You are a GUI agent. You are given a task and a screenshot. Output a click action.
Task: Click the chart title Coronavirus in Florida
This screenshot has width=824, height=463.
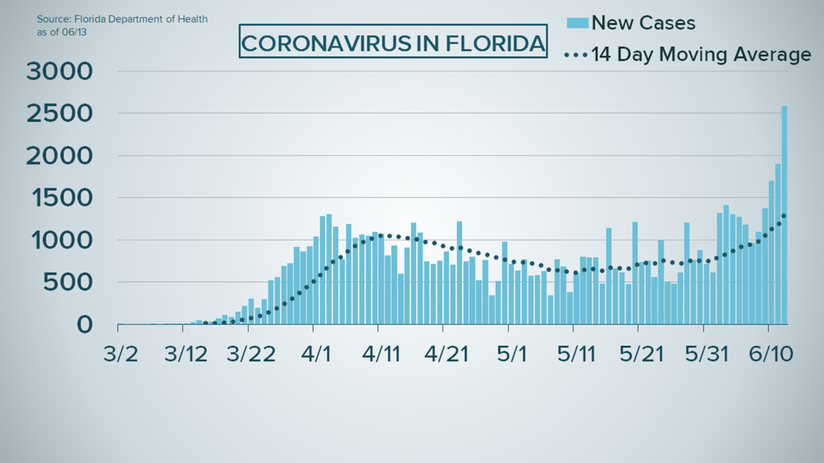pyautogui.click(x=393, y=43)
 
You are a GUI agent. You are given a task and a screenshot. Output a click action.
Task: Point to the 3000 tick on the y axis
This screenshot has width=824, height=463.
pyautogui.click(x=60, y=72)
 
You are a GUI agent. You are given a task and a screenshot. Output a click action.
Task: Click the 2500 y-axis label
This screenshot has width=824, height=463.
pyautogui.click(x=60, y=114)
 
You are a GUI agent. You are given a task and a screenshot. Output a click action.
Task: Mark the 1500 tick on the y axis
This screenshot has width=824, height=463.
pyautogui.click(x=60, y=198)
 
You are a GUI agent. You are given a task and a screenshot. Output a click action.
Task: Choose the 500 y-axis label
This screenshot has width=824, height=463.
pyautogui.click(x=68, y=282)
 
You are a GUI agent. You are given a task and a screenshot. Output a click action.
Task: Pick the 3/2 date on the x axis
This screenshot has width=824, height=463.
pyautogui.click(x=118, y=355)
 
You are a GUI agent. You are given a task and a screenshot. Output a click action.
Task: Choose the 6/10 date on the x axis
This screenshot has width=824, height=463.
pyautogui.click(x=769, y=355)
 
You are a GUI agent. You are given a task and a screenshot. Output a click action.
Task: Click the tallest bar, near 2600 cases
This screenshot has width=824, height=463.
pyautogui.click(x=784, y=217)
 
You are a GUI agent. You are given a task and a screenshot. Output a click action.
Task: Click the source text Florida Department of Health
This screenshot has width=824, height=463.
pyautogui.click(x=122, y=18)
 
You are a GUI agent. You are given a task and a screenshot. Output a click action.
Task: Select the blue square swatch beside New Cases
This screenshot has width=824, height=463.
pyautogui.click(x=578, y=23)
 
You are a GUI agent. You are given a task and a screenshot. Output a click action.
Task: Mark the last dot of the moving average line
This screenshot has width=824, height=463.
pyautogui.click(x=784, y=215)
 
